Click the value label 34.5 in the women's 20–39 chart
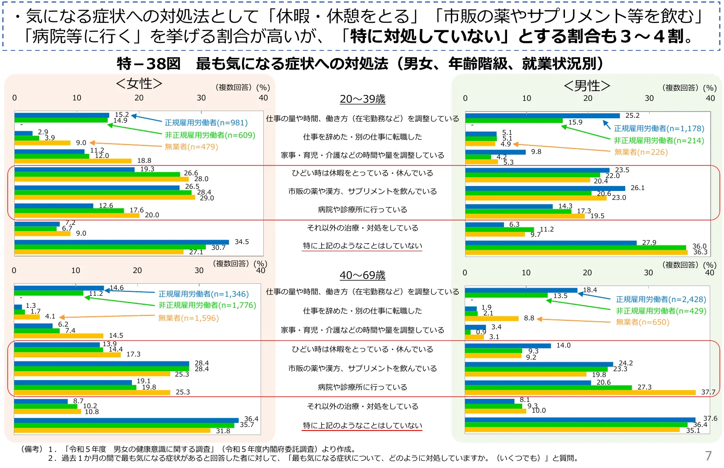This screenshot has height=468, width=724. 241,242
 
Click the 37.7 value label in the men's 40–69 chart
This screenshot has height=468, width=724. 708,392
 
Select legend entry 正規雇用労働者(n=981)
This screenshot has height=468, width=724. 206,123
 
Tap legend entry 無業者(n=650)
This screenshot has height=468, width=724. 642,322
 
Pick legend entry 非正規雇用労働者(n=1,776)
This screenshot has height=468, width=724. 207,305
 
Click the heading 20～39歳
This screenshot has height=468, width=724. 362,99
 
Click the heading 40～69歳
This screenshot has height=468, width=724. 362,275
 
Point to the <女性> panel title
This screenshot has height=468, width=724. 139,83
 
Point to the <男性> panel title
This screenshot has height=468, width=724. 587,86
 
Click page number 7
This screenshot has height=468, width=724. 708,456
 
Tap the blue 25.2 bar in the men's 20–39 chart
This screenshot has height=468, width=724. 542,116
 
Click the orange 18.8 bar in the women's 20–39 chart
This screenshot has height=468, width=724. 73,161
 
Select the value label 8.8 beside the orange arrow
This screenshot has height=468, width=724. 529,318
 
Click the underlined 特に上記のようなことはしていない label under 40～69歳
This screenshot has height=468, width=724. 362,425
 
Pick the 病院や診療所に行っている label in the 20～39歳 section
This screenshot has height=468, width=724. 362,210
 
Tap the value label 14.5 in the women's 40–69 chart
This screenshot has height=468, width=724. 116,335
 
